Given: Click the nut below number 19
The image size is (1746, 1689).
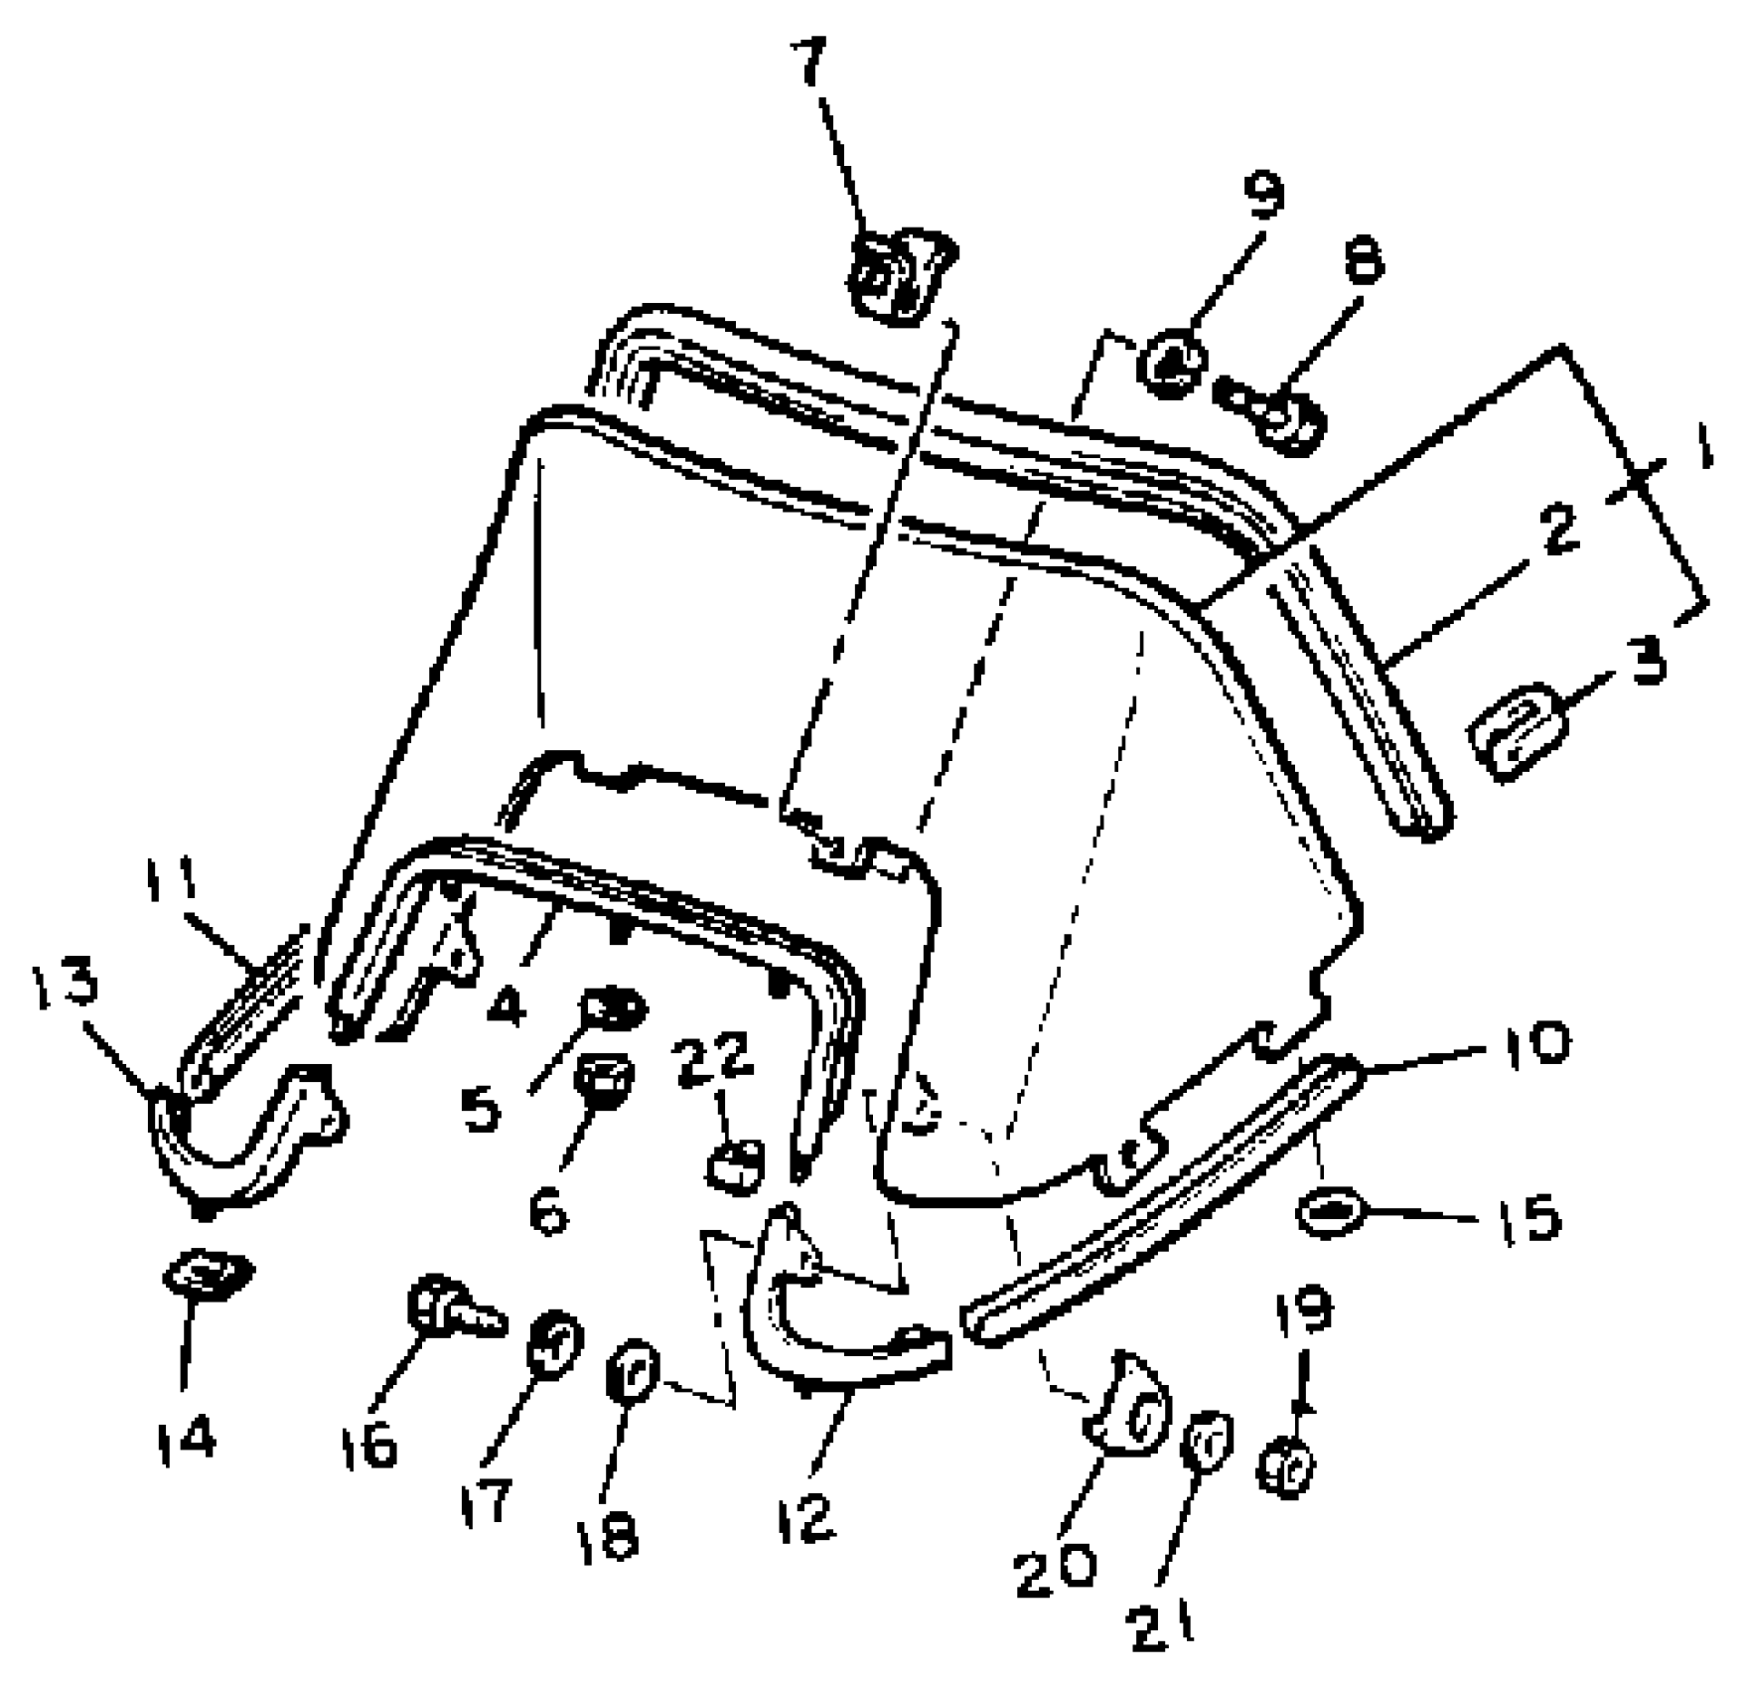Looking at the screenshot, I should click(x=1288, y=1467).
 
